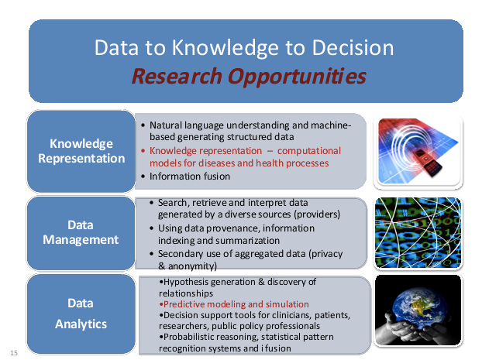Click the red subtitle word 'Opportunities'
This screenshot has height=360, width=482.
(x=297, y=77)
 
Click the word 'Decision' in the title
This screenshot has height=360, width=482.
(x=353, y=48)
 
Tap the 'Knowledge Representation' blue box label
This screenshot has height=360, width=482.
(x=81, y=151)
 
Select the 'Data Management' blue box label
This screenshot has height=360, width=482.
(x=81, y=232)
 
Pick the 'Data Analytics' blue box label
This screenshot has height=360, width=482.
(x=81, y=314)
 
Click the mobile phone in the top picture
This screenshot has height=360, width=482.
(x=427, y=162)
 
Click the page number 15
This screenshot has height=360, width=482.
(x=14, y=352)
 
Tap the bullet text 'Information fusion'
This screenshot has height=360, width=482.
(x=190, y=177)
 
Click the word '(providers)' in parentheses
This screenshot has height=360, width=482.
(x=317, y=214)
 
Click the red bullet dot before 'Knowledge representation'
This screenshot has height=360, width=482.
(x=143, y=151)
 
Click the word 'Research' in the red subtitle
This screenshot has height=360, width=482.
(x=177, y=77)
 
